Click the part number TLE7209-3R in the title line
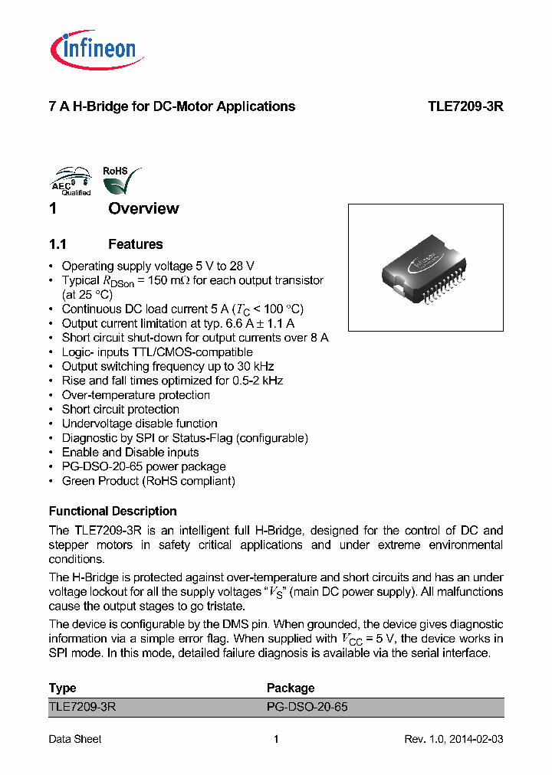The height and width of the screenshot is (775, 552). (465, 106)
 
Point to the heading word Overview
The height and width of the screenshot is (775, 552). (143, 208)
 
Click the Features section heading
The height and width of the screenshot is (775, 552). (135, 244)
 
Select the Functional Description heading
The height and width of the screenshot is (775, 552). (113, 511)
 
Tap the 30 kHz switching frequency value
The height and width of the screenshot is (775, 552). (257, 366)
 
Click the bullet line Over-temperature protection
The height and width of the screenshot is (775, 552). (136, 395)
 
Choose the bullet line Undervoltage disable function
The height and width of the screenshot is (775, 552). (139, 423)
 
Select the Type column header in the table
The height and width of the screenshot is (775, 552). (62, 688)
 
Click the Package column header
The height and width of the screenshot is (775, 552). (291, 688)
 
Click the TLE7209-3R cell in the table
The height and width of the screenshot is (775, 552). (82, 707)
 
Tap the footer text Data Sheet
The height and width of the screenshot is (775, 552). (75, 739)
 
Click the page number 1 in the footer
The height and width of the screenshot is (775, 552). (276, 739)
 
